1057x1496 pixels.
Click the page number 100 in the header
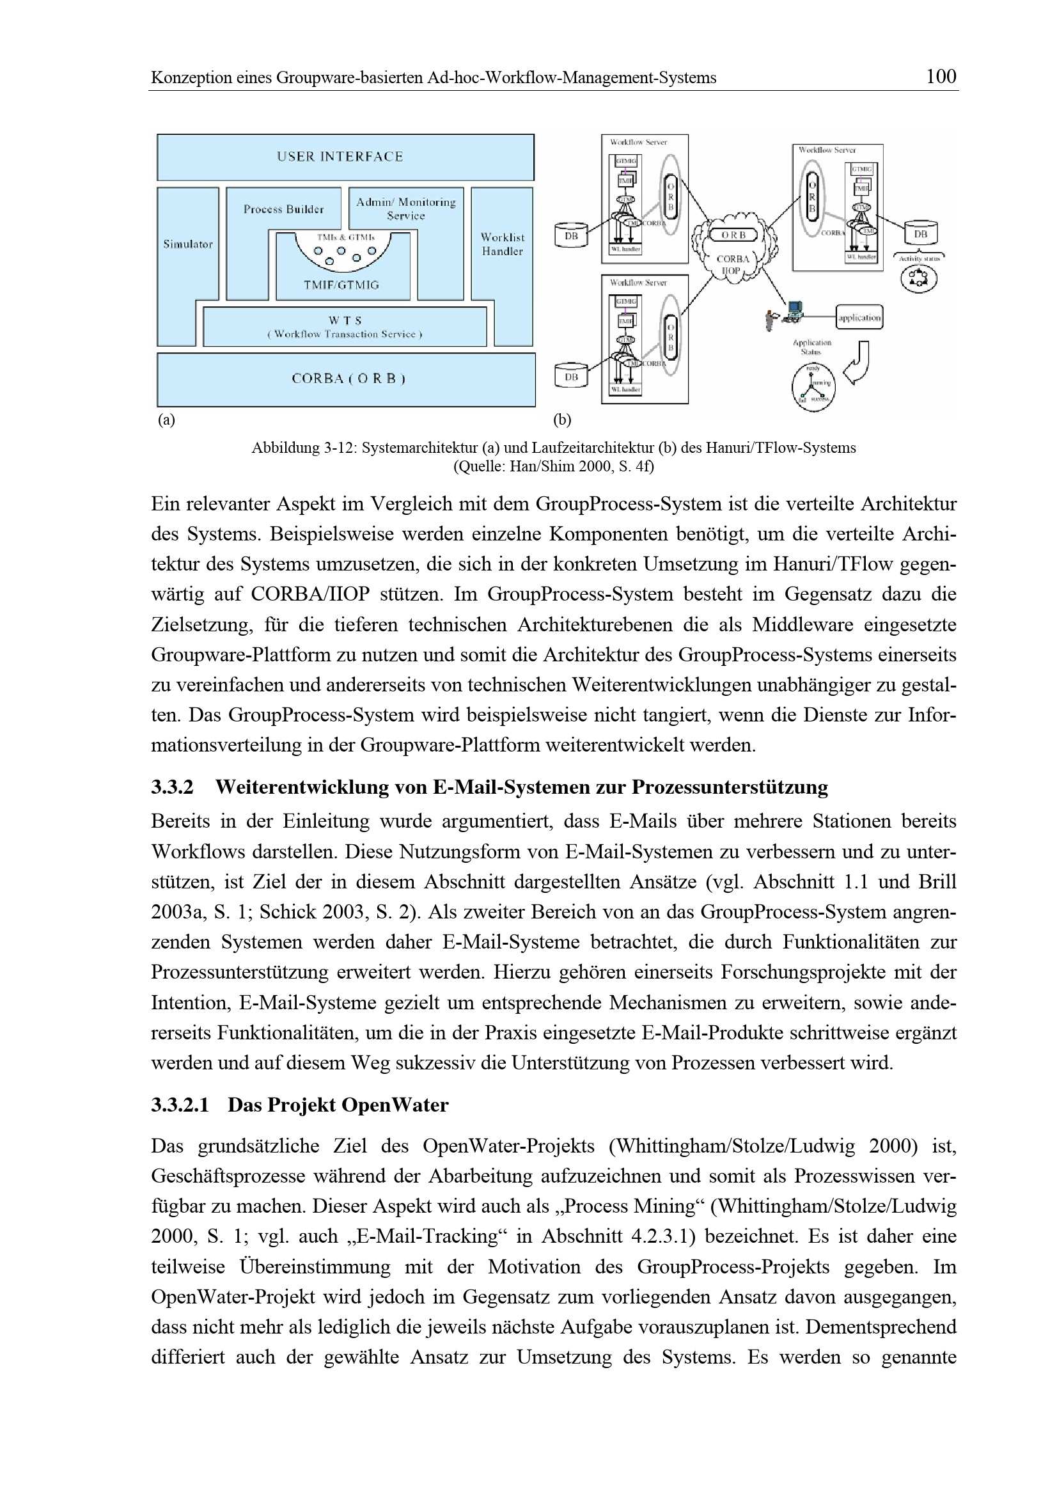coord(941,77)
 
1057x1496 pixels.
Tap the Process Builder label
coord(283,209)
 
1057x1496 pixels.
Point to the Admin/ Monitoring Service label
coord(406,209)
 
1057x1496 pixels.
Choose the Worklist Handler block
coord(502,244)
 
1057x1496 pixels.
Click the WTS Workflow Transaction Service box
coord(345,327)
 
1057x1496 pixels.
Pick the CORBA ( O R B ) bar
coord(348,379)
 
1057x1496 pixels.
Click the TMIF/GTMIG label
coord(341,285)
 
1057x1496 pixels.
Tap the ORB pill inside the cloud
coord(734,235)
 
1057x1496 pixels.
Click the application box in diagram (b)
coord(859,317)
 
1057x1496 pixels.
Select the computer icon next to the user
coord(794,311)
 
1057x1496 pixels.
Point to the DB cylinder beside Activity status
coord(920,234)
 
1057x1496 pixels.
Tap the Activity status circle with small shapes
coord(919,278)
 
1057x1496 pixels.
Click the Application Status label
coord(811,347)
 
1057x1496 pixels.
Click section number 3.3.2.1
coord(180,1105)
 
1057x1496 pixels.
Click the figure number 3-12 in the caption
coord(338,448)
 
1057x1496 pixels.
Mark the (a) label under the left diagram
coord(166,420)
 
